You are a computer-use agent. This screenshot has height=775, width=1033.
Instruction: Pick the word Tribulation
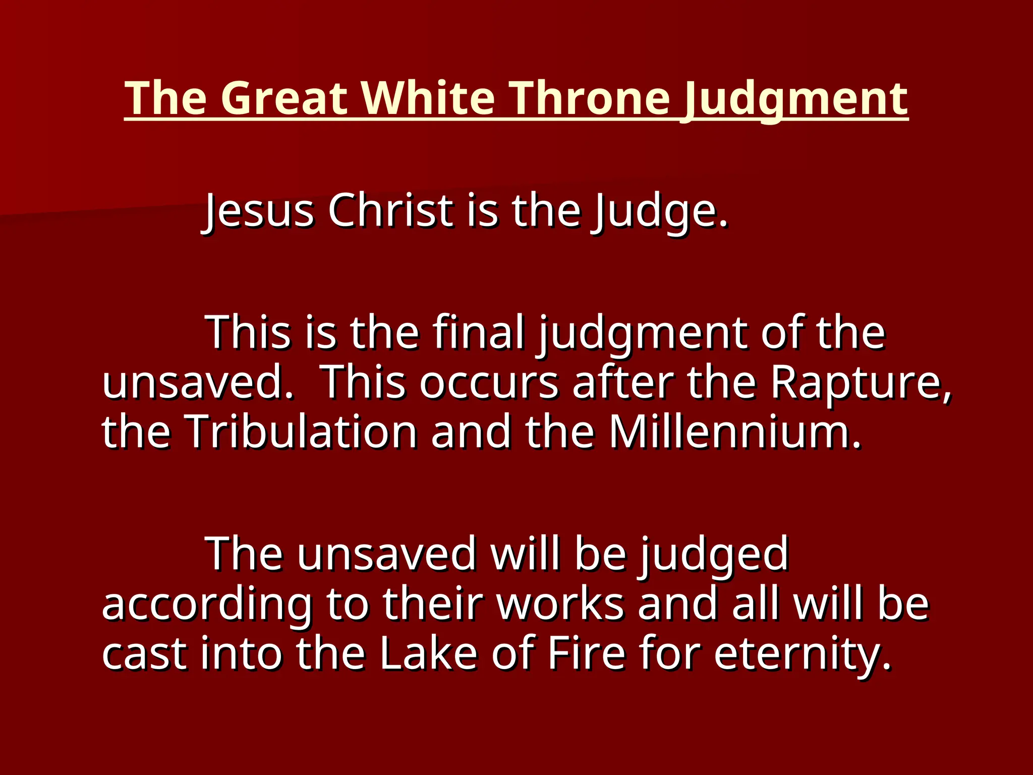coord(301,432)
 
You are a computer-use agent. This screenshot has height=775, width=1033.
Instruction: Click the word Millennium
coord(734,432)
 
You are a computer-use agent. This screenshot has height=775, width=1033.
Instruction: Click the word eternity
coord(802,654)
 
